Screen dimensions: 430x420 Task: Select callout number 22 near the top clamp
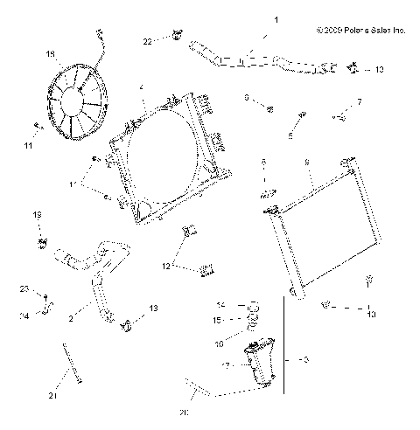[148, 40]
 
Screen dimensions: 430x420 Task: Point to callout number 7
[358, 102]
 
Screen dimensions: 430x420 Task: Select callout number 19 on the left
[37, 214]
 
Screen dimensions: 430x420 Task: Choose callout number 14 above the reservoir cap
[220, 304]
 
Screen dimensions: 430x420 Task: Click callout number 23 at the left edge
[24, 288]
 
